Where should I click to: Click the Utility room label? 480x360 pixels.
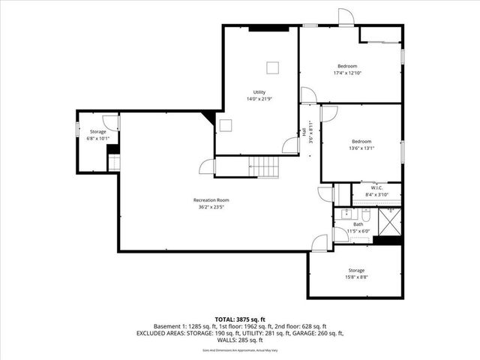tap(259, 91)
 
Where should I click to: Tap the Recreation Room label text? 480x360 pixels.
tap(211, 200)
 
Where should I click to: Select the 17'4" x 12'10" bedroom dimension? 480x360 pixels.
tap(346, 73)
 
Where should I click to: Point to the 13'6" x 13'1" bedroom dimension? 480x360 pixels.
tap(361, 148)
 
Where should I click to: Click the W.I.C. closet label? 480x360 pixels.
tap(367, 188)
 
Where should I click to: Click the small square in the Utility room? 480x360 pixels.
tap(274, 68)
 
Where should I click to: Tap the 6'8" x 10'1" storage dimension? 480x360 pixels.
tap(98, 138)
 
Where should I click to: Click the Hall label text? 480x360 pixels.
tap(305, 131)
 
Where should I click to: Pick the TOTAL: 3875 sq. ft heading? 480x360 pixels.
tap(240, 320)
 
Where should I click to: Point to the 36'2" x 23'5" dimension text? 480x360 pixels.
tap(211, 207)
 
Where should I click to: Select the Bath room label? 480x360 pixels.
tap(358, 224)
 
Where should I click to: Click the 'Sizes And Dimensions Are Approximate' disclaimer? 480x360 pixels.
tap(240, 350)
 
